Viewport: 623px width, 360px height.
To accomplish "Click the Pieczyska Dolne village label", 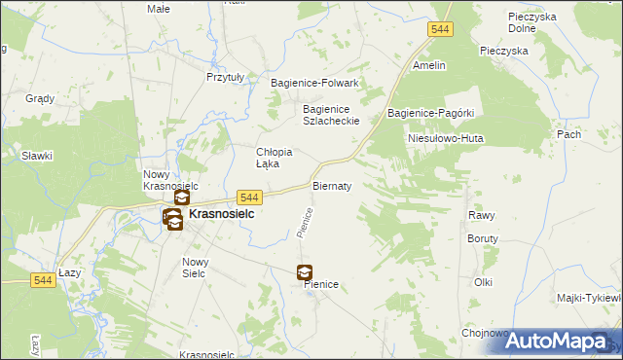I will (531, 22).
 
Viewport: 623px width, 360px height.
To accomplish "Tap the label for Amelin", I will (429, 65).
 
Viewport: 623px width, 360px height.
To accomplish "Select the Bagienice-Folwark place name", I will (314, 83).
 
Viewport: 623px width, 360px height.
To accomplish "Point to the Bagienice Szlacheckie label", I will (332, 115).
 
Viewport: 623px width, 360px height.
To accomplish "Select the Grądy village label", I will (40, 99).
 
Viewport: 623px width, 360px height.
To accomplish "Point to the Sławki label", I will (37, 156).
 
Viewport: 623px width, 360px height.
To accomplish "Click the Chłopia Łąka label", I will (275, 158).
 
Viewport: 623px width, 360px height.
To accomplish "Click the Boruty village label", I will (482, 238).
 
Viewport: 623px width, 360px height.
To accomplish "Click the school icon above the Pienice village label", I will (305, 273).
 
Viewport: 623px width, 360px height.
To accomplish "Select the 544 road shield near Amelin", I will (440, 31).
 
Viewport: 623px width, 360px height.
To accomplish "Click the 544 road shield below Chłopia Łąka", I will (248, 197).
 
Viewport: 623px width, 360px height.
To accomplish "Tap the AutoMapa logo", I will (564, 342).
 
